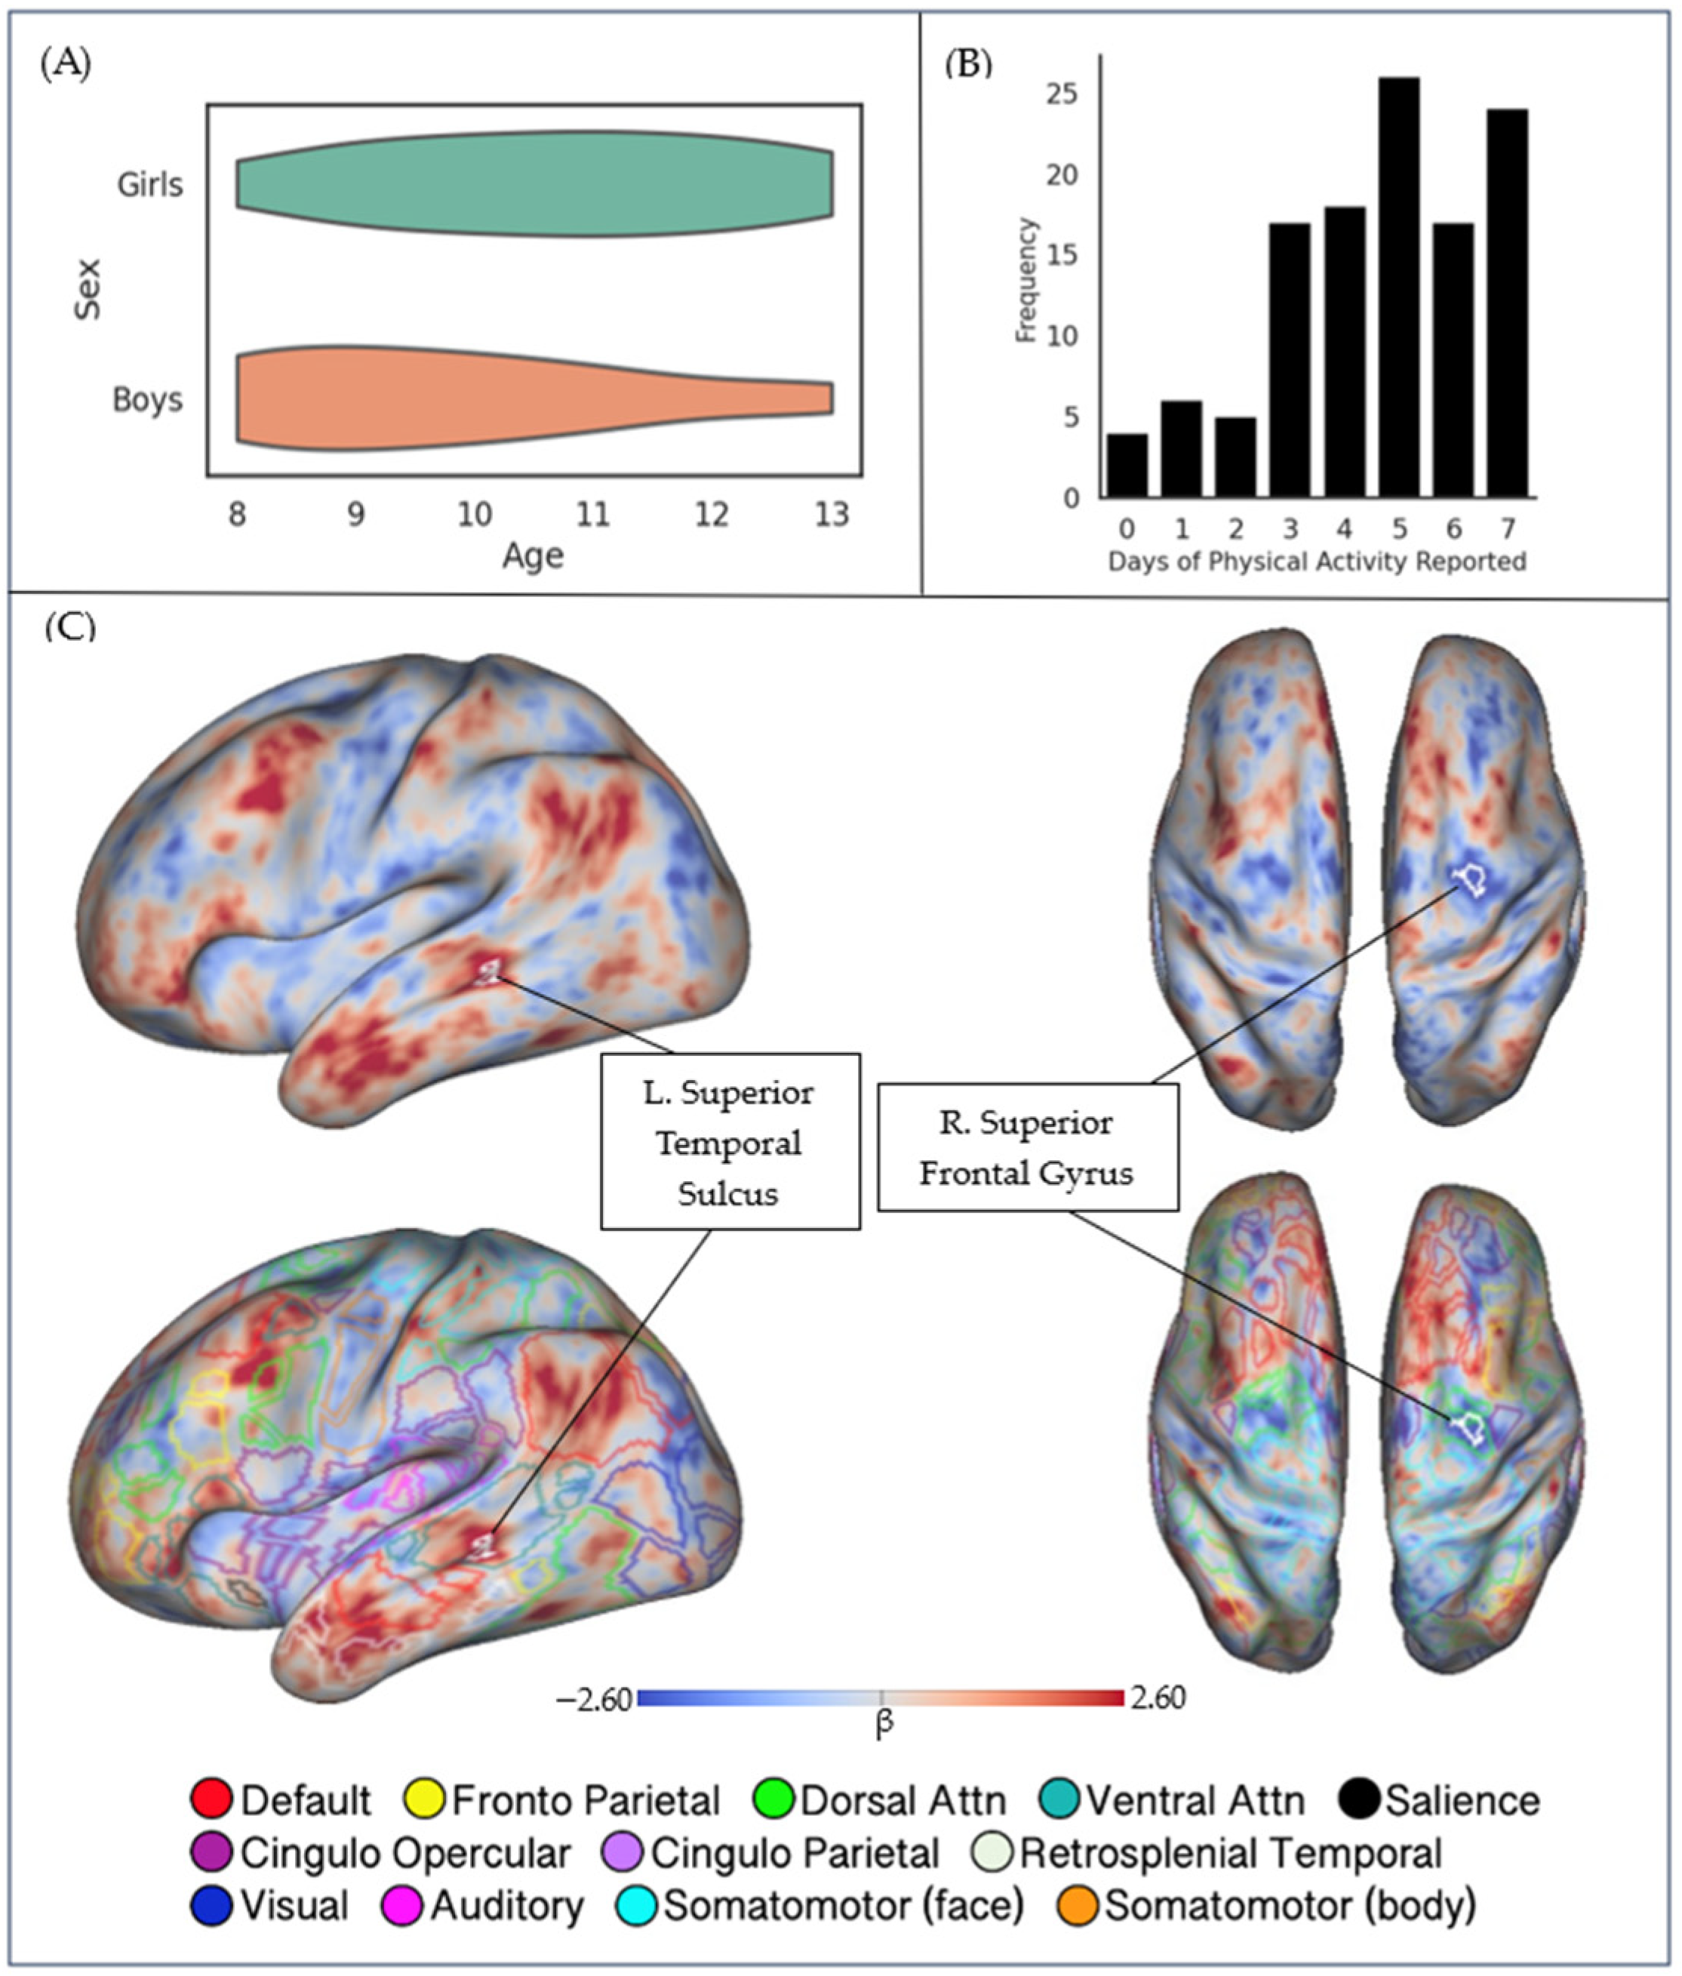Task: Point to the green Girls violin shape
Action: coord(534,184)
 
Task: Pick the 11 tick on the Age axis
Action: coord(592,515)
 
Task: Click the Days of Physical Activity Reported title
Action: coord(1316,562)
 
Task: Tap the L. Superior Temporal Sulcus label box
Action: coord(730,1141)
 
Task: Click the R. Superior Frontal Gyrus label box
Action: coord(1027,1147)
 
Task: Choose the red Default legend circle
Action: coord(211,1799)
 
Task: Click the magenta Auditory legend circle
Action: coord(401,1905)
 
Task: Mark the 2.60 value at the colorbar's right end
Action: coord(1157,1698)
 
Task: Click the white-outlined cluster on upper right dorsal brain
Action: coord(1470,879)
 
